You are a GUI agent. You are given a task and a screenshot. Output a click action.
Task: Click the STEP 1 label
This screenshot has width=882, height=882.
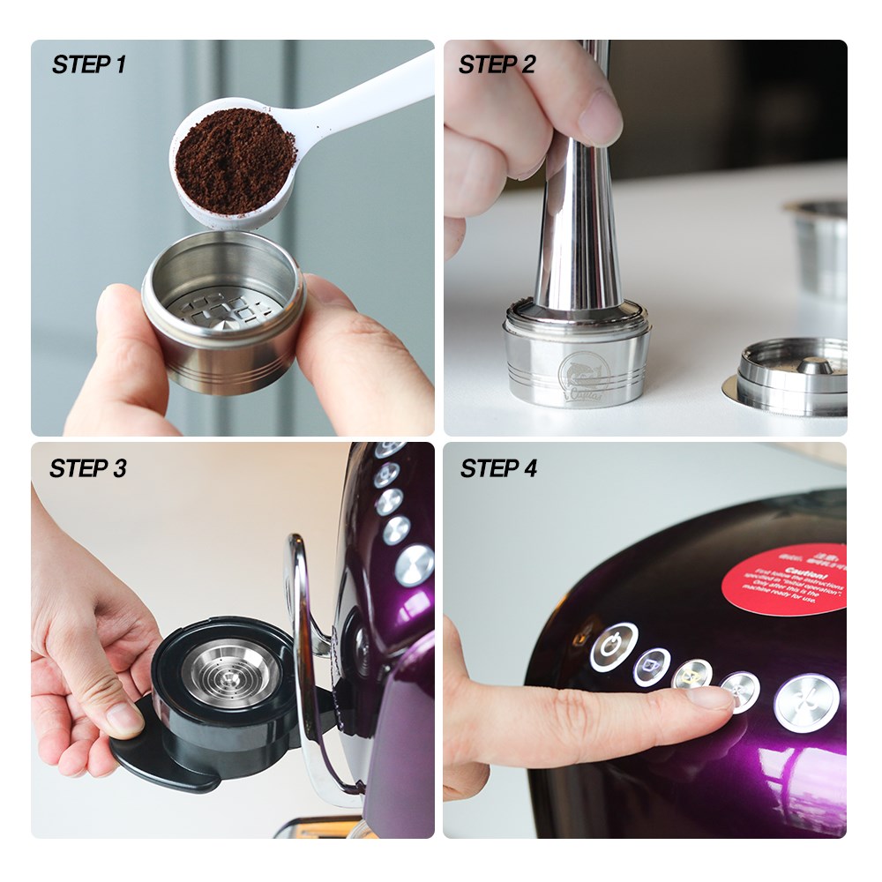[88, 64]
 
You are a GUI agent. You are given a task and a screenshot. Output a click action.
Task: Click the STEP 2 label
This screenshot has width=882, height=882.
[497, 64]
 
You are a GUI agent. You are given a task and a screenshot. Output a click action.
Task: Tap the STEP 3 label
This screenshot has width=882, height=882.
[87, 468]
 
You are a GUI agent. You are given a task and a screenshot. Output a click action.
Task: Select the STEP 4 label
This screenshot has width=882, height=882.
[498, 468]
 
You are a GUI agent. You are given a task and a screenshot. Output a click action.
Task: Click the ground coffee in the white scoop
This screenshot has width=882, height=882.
[235, 160]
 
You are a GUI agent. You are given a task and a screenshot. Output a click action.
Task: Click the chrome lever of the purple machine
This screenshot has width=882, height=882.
[304, 635]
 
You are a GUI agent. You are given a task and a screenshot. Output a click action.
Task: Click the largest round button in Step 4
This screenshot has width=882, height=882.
[804, 702]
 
